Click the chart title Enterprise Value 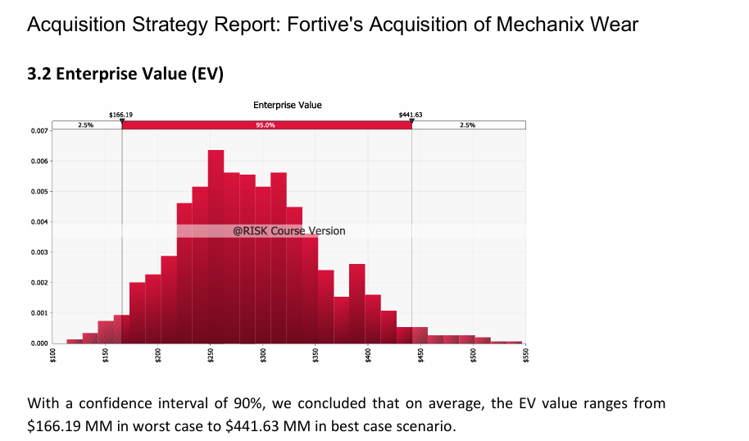[x=287, y=105]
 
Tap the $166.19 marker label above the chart [x=120, y=116]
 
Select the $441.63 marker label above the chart [x=410, y=116]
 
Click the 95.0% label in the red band [x=266, y=125]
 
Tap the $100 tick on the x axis [x=53, y=354]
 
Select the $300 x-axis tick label [x=263, y=354]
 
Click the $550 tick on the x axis [x=526, y=354]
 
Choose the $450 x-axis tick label [x=421, y=354]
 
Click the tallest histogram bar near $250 [x=216, y=246]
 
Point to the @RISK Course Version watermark [x=288, y=231]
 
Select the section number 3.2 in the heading [x=40, y=75]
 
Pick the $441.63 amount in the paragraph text [x=252, y=426]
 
